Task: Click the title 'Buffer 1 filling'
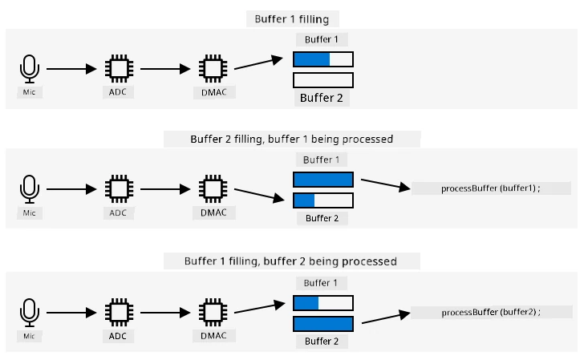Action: (292, 19)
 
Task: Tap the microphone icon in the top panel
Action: (29, 69)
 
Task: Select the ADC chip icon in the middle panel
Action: (120, 188)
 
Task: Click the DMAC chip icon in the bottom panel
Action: (213, 313)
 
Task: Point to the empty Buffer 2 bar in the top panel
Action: (323, 80)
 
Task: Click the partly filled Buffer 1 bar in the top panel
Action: (323, 59)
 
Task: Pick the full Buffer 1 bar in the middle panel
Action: (323, 180)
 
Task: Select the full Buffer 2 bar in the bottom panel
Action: (323, 324)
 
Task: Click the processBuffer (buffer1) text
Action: (490, 188)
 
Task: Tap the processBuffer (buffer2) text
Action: (491, 312)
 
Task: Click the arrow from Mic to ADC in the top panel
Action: (71, 69)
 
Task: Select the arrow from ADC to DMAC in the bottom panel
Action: (165, 313)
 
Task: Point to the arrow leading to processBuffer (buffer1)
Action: (386, 184)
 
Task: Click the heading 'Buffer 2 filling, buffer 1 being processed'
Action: (292, 140)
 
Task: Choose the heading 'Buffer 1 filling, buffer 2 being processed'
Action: (290, 261)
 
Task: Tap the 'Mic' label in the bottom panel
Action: (29, 336)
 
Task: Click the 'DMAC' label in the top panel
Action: (214, 92)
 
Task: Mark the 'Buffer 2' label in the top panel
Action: (322, 98)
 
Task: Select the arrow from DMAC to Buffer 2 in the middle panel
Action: (259, 195)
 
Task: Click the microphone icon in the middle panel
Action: (29, 189)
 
